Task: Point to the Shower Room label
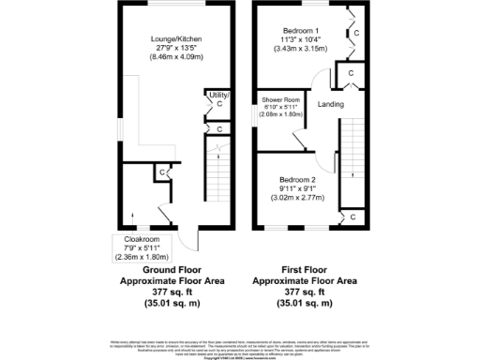coord(281,99)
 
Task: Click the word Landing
coord(330,104)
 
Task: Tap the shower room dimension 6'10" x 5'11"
coord(281,107)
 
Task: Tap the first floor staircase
coord(352,150)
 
